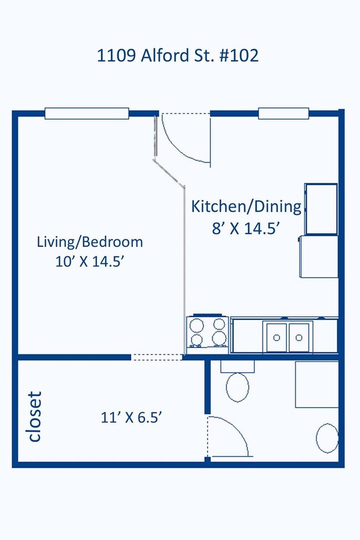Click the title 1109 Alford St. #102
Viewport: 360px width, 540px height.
tap(177, 55)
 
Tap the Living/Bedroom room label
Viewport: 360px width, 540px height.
tap(90, 242)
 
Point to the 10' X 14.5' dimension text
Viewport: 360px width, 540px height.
tap(90, 262)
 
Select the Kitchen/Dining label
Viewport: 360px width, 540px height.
tap(246, 207)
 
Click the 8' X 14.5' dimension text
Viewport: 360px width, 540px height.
tap(245, 228)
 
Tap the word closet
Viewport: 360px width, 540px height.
tap(35, 416)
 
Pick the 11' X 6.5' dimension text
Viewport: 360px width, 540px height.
tap(131, 418)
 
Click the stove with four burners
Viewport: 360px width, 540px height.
tap(207, 334)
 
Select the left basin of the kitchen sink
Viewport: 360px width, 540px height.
tap(276, 337)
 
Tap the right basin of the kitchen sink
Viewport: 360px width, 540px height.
tap(299, 337)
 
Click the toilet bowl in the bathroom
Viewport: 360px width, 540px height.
tap(238, 387)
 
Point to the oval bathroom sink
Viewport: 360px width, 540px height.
tap(327, 438)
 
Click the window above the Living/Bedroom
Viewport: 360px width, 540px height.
tap(87, 114)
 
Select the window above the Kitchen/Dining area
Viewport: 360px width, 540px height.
tap(284, 114)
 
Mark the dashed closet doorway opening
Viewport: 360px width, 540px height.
tap(157, 357)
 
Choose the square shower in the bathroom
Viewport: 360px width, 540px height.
tap(317, 384)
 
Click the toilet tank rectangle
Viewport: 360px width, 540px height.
tap(238, 367)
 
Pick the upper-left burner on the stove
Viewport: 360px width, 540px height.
tap(197, 325)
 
